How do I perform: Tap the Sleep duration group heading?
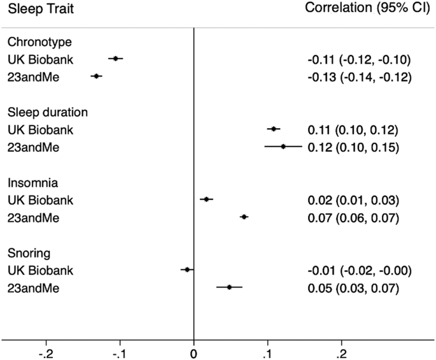pyautogui.click(x=47, y=112)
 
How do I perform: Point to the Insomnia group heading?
pyautogui.click(x=32, y=183)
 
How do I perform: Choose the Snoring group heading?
pyautogui.click(x=29, y=253)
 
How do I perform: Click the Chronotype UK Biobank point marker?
pyautogui.click(x=115, y=59)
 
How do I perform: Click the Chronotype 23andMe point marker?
pyautogui.click(x=96, y=76)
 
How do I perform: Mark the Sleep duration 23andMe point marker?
pyautogui.click(x=283, y=147)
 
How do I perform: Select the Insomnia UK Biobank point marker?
pyautogui.click(x=206, y=199)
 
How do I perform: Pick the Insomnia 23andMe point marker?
pyautogui.click(x=244, y=217)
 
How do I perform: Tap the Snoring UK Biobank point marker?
pyautogui.click(x=186, y=270)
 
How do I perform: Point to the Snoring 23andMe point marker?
pyautogui.click(x=229, y=287)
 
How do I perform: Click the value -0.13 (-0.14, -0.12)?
pyautogui.click(x=358, y=77)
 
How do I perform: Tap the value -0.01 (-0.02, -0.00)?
pyautogui.click(x=358, y=271)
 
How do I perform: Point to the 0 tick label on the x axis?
pyautogui.click(x=193, y=352)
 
